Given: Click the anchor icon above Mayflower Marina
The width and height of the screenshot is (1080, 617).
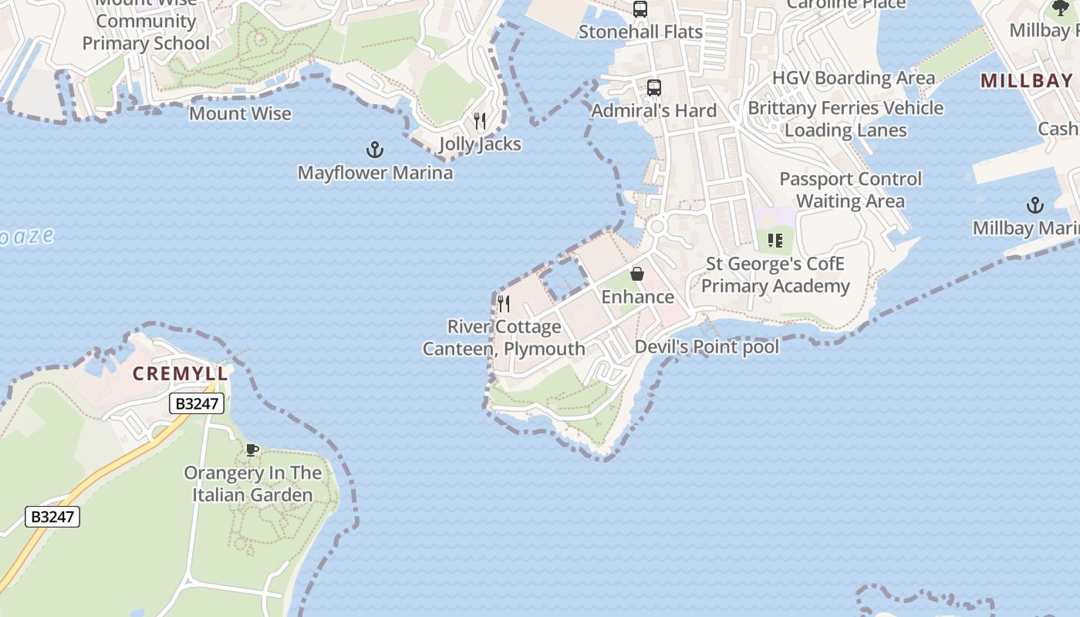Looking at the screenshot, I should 374,149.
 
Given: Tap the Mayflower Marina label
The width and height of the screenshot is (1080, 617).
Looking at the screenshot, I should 375,173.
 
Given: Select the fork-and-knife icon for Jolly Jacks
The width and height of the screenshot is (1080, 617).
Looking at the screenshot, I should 480,121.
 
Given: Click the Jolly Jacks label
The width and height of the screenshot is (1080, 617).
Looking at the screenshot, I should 480,144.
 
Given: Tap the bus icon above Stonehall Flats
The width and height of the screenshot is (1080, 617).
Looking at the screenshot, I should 640,9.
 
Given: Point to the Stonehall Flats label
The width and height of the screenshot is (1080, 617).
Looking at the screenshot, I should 640,32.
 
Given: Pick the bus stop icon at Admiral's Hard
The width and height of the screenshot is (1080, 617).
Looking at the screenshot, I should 654,88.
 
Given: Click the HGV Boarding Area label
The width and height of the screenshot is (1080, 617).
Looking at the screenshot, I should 853,78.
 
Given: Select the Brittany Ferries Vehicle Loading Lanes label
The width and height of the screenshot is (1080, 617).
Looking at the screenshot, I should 845,119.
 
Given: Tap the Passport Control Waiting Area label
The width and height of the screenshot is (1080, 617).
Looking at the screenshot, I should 850,190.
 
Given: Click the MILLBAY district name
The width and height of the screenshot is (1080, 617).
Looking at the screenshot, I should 1026,81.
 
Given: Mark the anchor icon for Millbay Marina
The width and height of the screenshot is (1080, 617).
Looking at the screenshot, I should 1034,205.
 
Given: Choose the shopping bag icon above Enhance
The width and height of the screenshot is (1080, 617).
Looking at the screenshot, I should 637,274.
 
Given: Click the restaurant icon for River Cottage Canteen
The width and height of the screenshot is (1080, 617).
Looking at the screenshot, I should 504,303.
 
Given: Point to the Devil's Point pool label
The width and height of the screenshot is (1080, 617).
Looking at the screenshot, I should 707,347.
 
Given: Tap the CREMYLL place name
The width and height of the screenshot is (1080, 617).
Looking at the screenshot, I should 181,374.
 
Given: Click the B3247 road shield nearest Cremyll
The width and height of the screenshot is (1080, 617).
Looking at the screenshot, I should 197,403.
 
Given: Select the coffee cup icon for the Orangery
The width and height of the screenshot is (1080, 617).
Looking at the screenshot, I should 251,450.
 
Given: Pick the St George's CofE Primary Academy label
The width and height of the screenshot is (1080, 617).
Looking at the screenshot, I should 775,275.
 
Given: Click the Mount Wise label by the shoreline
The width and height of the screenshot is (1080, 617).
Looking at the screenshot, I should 240,114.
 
